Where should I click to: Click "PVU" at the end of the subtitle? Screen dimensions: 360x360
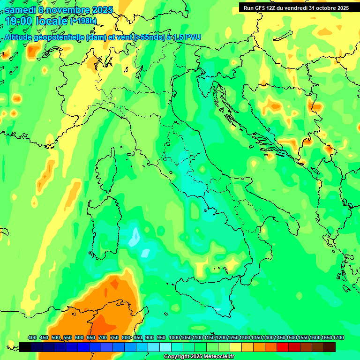(192, 37)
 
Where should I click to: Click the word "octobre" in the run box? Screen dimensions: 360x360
(319, 8)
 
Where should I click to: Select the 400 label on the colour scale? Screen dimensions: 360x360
(32, 337)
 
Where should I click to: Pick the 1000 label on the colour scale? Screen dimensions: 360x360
(174, 337)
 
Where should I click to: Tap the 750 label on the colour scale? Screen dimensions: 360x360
(114, 337)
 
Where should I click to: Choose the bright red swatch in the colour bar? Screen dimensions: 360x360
(283, 347)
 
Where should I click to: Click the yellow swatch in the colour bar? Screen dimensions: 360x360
(236, 347)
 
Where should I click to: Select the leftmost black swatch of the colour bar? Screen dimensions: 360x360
(25, 347)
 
